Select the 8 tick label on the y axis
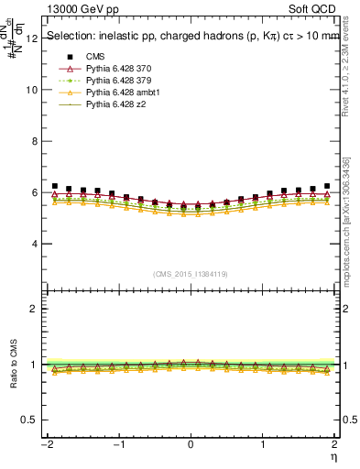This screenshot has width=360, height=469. click(34, 141)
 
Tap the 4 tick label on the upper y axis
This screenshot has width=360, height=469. click(34, 244)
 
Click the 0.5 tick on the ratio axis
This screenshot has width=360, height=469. click(29, 420)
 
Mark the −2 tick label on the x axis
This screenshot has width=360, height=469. click(44, 444)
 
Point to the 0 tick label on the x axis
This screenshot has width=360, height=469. click(191, 444)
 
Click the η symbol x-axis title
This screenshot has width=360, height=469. click(334, 456)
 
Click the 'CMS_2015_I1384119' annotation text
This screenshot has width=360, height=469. click(190, 274)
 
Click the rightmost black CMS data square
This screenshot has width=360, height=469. click(326, 186)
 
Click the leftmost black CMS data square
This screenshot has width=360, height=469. click(55, 186)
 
